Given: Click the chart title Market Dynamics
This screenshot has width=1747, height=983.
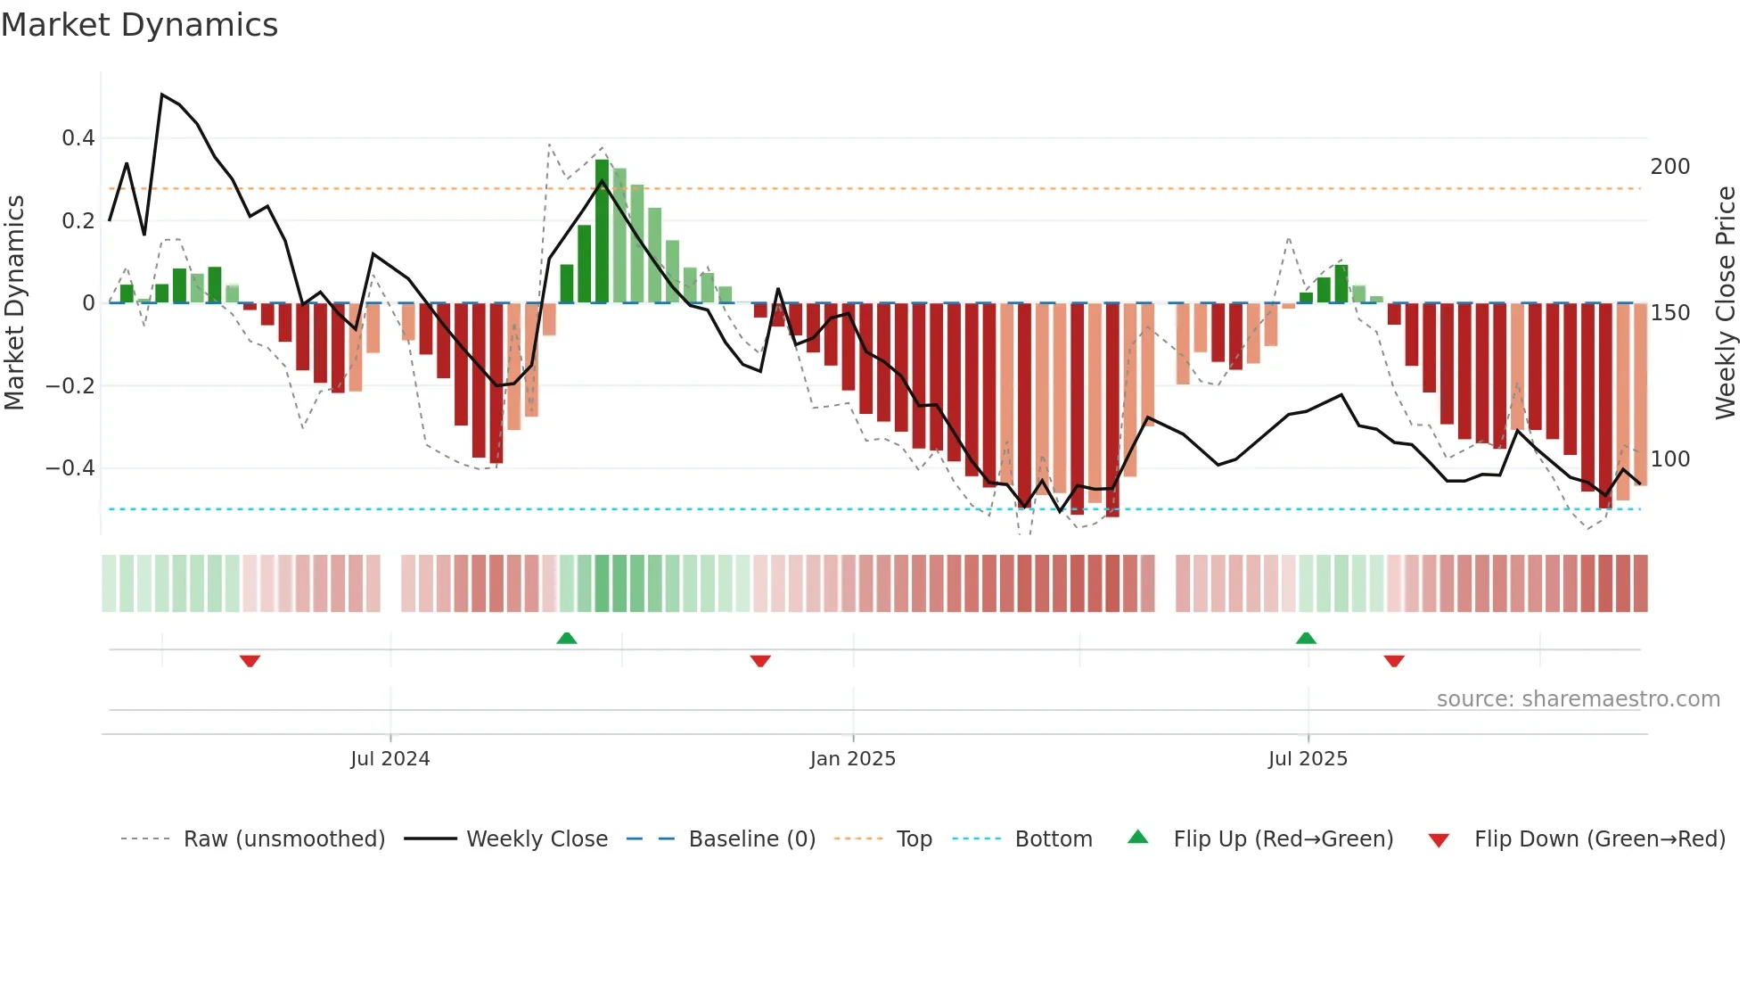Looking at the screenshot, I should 139,25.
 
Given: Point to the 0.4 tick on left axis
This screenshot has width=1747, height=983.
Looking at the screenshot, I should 78,138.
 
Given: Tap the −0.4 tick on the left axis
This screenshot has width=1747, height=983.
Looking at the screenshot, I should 70,468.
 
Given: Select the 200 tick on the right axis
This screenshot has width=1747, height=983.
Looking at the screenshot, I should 1669,167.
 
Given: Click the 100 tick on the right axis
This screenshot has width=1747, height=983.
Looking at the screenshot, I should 1669,459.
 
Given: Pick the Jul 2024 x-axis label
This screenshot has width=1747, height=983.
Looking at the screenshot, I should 390,759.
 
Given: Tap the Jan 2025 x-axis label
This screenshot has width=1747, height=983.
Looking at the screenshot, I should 852,759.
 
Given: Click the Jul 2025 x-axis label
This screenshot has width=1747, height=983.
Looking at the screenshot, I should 1308,759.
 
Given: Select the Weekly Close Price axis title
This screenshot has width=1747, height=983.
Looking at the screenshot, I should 1726,303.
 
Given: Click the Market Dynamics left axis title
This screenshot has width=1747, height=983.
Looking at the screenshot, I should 14,303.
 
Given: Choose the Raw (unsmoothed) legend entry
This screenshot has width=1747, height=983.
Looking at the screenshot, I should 283,839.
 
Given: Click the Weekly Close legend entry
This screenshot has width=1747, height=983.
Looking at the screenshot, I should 537,839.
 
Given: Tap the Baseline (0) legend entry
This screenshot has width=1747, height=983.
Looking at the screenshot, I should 751,839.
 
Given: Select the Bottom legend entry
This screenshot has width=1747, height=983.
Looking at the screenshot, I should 1053,839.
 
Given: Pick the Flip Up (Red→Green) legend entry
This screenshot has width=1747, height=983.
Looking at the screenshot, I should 1283,839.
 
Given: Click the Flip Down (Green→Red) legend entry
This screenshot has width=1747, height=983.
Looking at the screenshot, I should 1599,839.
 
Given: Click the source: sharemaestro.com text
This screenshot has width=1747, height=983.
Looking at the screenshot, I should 1578,699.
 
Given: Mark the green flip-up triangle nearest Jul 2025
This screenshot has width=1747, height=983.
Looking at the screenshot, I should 1306,638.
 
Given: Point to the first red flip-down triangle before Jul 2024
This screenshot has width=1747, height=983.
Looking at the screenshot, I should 250,661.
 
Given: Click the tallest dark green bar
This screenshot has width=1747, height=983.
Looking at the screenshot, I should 602,232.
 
